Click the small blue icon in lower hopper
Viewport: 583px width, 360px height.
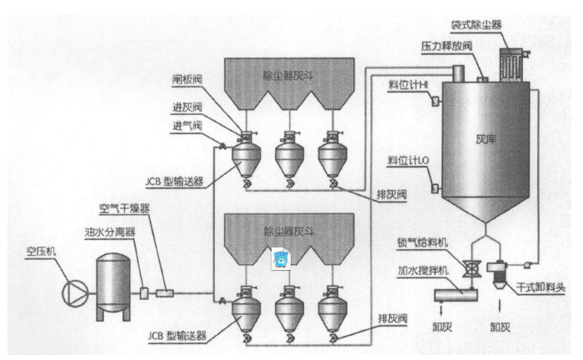(281, 259)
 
